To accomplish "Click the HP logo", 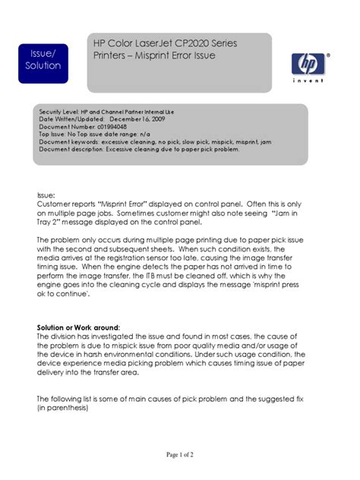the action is (x=310, y=62).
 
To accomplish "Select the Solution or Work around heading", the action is (x=78, y=328).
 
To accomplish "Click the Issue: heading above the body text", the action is (x=46, y=196).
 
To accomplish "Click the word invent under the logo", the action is (x=311, y=80).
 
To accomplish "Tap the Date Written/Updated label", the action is (x=72, y=119).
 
